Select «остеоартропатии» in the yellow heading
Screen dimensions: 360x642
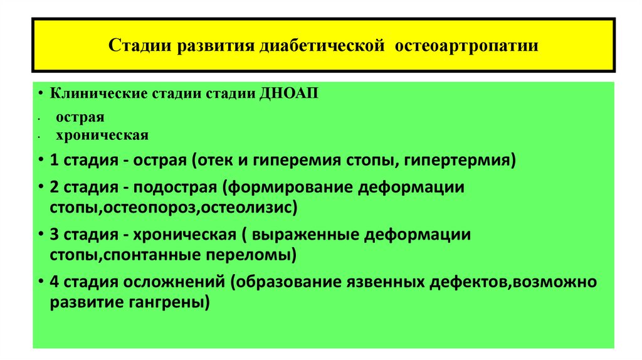pyautogui.click(x=466, y=46)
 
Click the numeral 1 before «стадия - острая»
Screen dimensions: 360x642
pyautogui.click(x=55, y=160)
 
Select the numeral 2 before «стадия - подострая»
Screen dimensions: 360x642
pyautogui.click(x=55, y=188)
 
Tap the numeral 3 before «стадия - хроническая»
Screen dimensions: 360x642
pyautogui.click(x=55, y=235)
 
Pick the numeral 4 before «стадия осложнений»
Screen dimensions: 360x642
pyautogui.click(x=55, y=282)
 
